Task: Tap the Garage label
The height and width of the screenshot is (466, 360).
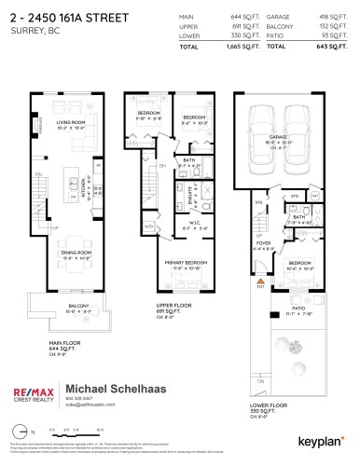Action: [278, 136]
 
